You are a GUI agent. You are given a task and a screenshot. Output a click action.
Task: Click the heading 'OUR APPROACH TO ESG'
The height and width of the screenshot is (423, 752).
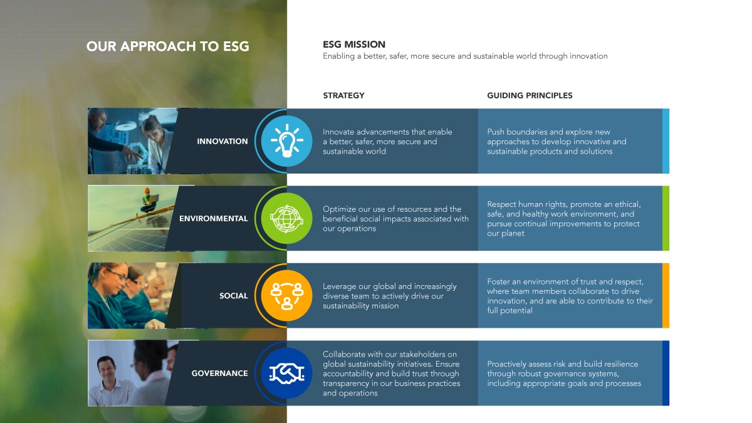[x=167, y=46]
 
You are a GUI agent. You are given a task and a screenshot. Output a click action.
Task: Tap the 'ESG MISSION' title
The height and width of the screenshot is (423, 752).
[x=354, y=44]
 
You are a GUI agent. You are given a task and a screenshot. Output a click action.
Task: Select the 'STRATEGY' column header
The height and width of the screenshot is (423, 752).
[x=343, y=95]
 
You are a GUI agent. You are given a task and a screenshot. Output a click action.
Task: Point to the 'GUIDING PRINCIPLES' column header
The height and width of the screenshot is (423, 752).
[x=530, y=95]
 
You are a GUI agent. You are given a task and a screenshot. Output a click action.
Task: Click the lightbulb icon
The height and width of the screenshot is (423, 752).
[x=287, y=141]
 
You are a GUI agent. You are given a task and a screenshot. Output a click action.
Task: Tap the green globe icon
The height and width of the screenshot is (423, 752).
[x=287, y=218]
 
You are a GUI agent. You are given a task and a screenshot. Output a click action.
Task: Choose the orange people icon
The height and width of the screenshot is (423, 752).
[x=287, y=295]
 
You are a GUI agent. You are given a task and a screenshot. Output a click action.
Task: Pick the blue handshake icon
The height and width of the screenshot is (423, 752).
[x=287, y=373]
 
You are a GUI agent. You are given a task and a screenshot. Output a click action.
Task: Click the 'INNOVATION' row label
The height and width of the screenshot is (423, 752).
[x=222, y=142]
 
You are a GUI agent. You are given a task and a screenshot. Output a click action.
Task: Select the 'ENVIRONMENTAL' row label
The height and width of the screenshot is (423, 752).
[x=214, y=219]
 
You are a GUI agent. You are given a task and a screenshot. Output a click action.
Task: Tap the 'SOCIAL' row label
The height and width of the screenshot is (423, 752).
[x=233, y=296]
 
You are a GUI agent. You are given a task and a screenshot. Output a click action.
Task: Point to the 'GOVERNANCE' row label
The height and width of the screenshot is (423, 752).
[x=219, y=373]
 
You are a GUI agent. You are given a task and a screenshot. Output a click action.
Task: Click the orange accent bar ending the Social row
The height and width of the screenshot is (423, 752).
[x=666, y=295]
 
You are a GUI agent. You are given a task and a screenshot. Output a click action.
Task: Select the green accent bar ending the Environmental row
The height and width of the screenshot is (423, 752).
[x=666, y=218]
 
